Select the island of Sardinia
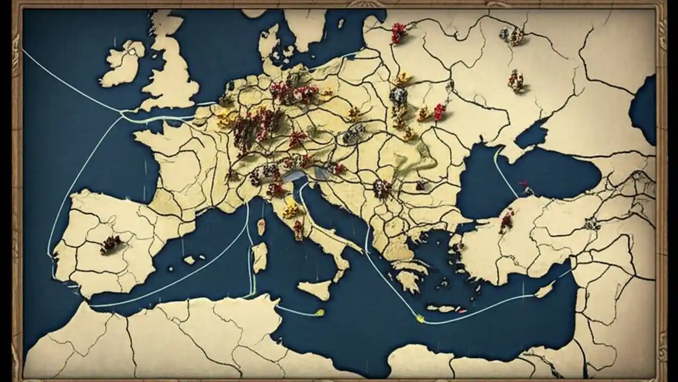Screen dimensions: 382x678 pyautogui.click(x=260, y=257)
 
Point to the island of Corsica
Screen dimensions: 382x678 pyautogui.click(x=261, y=227)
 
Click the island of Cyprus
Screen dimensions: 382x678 pyautogui.click(x=544, y=290)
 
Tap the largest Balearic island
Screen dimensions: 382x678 pyautogui.click(x=190, y=260)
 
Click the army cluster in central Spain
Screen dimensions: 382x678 pyautogui.click(x=111, y=244)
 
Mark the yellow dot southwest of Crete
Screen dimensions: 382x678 pyautogui.click(x=420, y=318)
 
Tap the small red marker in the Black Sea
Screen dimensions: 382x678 pyautogui.click(x=525, y=185)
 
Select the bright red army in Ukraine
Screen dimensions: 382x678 pyautogui.click(x=440, y=111)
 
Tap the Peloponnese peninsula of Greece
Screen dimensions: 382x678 pyautogui.click(x=408, y=279)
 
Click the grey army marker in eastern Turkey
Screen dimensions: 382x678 pyautogui.click(x=592, y=224)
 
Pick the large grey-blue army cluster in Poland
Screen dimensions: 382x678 pyautogui.click(x=398, y=96)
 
